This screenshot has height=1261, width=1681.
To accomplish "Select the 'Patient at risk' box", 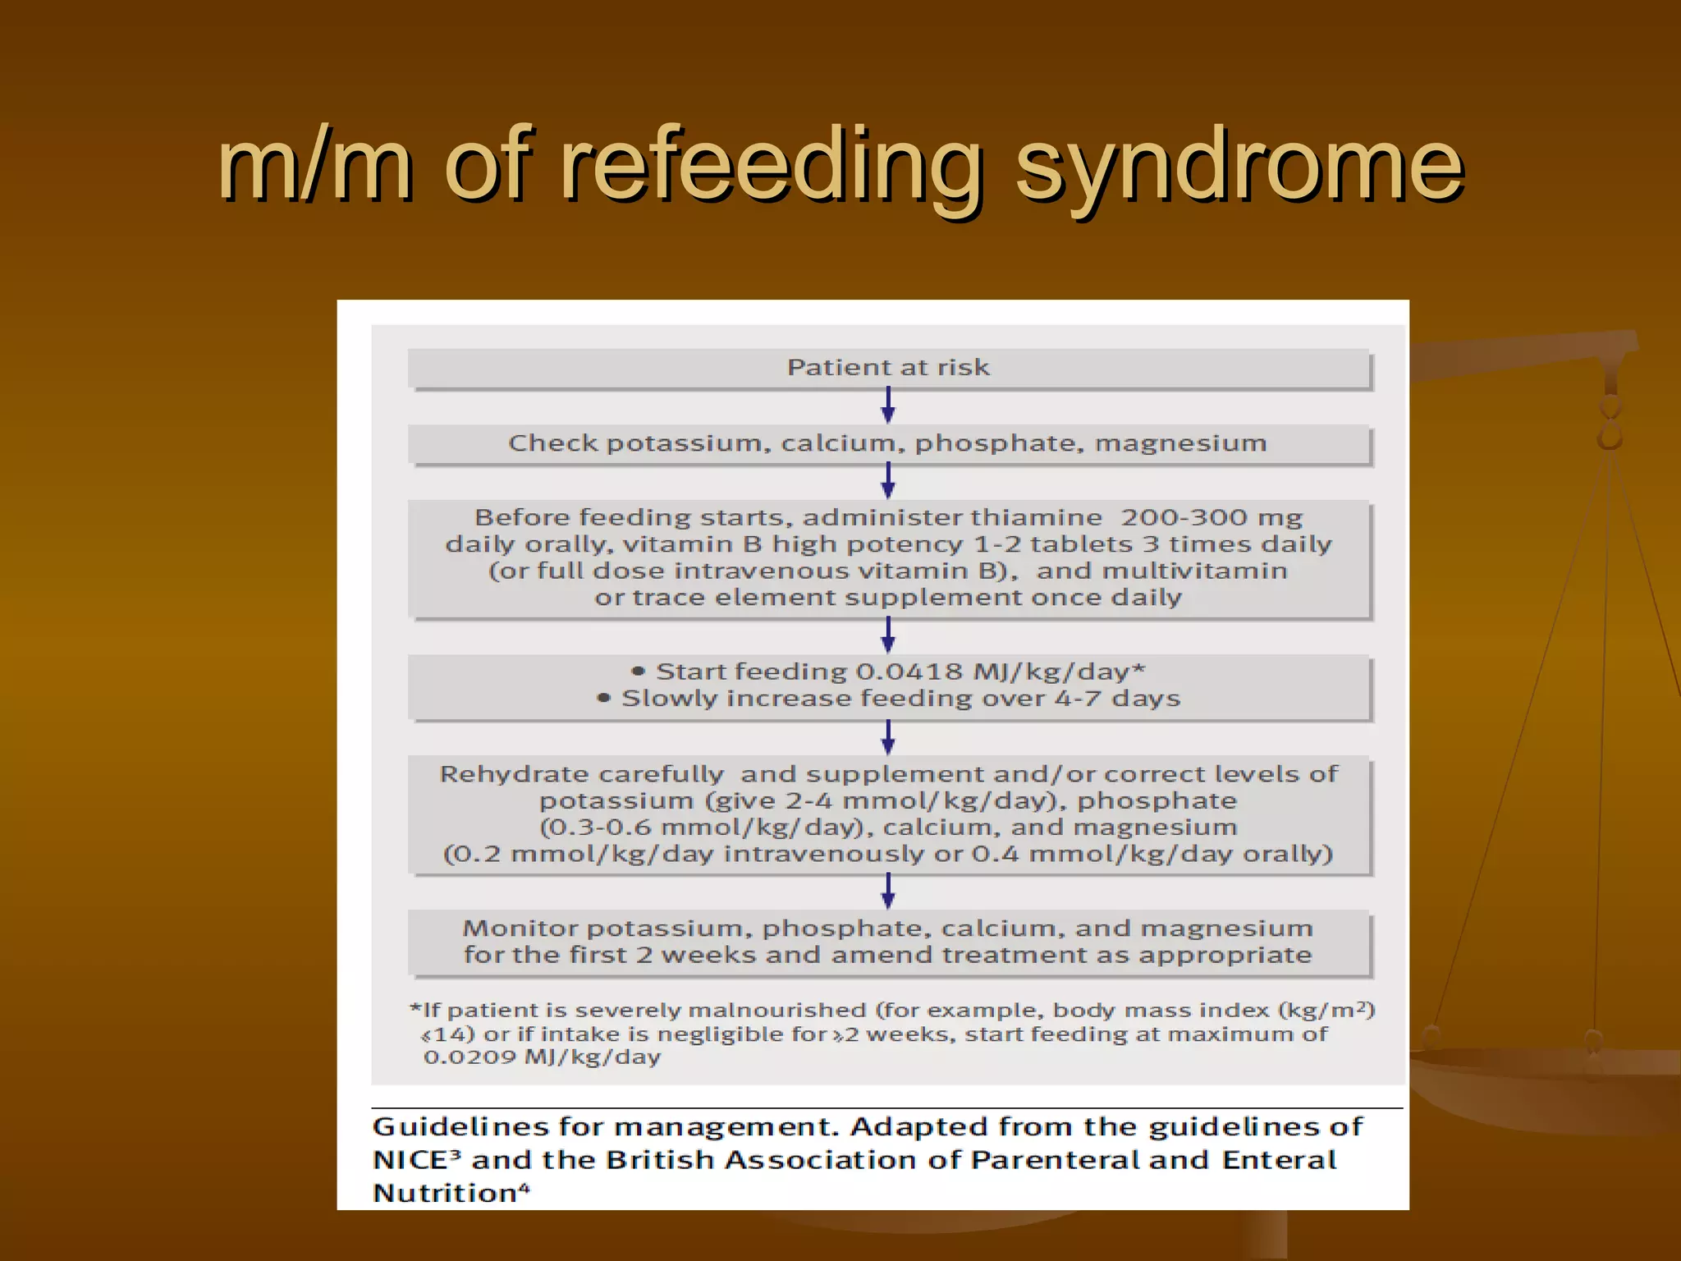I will click(x=888, y=368).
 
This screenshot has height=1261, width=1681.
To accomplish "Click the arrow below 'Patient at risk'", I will click(x=888, y=405).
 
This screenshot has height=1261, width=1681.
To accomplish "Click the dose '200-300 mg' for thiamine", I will click(x=1212, y=518).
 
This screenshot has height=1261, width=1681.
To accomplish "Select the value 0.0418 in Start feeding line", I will click(x=909, y=672).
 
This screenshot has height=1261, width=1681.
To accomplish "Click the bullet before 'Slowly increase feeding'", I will click(x=604, y=699).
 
